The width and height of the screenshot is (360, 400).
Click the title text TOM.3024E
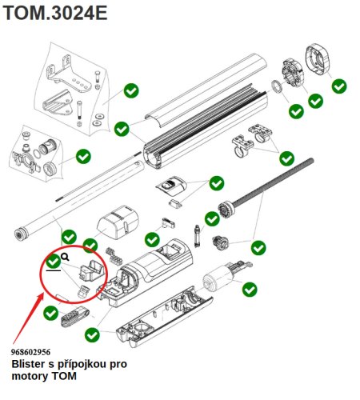[x=55, y=13]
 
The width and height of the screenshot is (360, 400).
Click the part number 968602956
[x=30, y=352]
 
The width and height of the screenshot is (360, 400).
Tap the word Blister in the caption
[x=29, y=364]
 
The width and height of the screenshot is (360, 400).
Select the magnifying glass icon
[x=66, y=257]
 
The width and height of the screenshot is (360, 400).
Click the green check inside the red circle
[x=54, y=262]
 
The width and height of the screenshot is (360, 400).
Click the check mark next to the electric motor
[x=250, y=289]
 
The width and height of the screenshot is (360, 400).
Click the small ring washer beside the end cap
[x=277, y=87]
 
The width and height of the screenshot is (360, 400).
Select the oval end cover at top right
[x=318, y=60]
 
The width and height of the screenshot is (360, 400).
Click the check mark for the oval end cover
[x=339, y=86]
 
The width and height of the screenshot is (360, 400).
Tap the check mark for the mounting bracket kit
[x=131, y=90]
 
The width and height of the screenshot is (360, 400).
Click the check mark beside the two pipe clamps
[x=286, y=158]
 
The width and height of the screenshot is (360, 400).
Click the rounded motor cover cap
[x=118, y=222]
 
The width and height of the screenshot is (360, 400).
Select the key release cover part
[x=171, y=186]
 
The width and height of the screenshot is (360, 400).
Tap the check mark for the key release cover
[x=217, y=183]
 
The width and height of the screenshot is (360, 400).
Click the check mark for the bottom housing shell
[x=92, y=335]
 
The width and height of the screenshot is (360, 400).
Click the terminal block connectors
[x=114, y=255]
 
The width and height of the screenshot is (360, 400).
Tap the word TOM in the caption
[x=64, y=376]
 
